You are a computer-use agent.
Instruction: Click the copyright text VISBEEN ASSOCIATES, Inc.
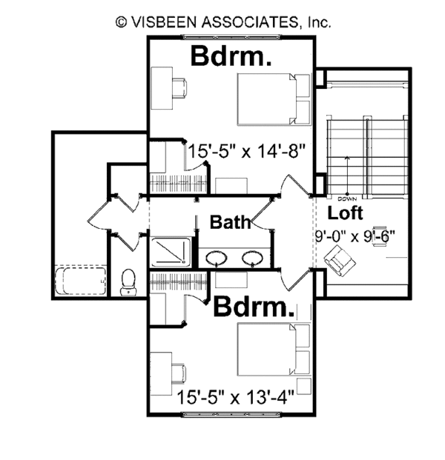tap(223, 22)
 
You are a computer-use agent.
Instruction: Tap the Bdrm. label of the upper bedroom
tap(230, 56)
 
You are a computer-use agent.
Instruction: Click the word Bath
tap(228, 221)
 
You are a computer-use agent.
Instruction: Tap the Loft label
tap(346, 214)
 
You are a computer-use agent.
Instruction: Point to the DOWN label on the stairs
tap(346, 199)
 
